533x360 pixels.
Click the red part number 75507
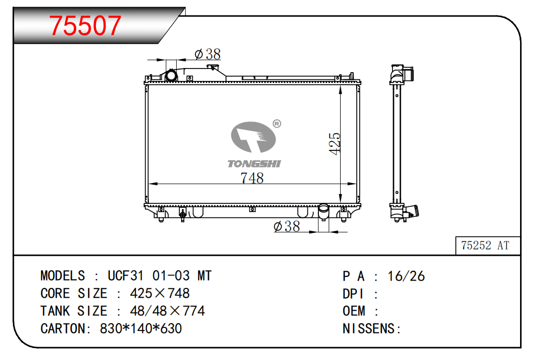(x=85, y=25)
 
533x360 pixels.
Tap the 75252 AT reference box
(x=487, y=245)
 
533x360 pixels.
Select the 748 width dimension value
(x=252, y=178)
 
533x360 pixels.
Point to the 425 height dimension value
(x=334, y=144)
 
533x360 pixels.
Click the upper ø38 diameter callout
(x=208, y=54)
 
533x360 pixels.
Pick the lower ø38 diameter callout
(x=287, y=226)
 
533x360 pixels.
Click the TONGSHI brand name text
(x=254, y=164)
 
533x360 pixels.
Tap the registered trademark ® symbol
(x=277, y=124)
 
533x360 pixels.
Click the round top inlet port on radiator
(x=171, y=75)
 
